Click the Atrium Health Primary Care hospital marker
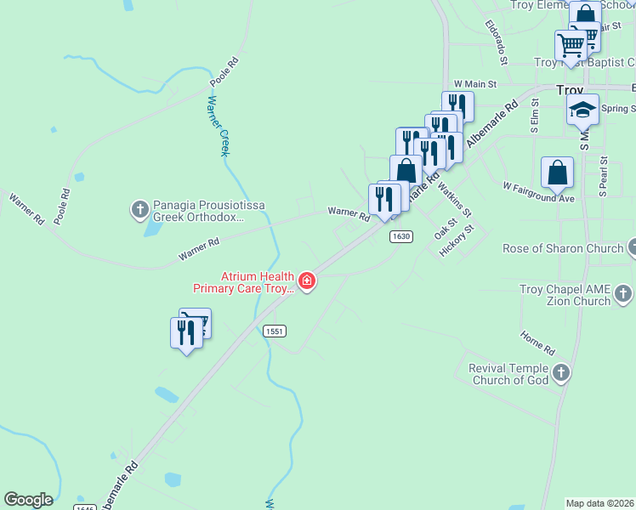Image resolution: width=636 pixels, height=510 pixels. (306, 280)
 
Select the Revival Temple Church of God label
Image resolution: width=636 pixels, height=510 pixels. (509, 374)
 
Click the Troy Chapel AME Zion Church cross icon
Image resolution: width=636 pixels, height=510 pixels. (623, 294)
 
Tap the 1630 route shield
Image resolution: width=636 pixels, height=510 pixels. (402, 236)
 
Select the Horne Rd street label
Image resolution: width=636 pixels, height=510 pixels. (537, 343)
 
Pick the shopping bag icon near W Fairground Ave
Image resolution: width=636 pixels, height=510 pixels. (558, 173)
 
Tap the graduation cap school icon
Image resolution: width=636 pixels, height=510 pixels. (582, 110)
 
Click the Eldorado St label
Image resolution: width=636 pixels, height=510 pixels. (496, 43)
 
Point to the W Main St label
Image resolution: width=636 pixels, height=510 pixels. (474, 83)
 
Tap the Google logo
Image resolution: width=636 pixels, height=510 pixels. (28, 500)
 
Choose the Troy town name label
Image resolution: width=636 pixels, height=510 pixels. (569, 89)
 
